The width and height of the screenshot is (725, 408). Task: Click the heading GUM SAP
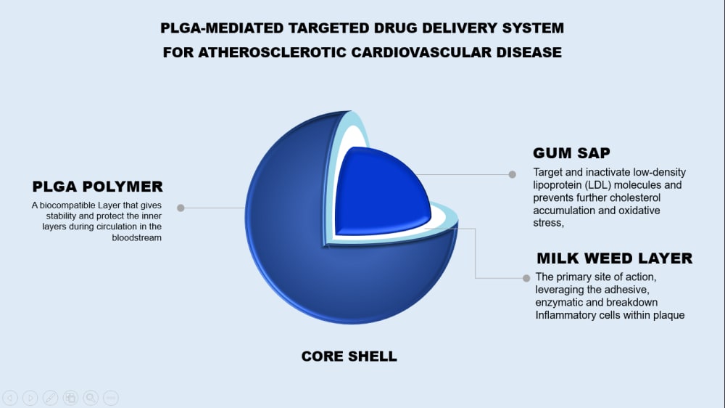(571, 153)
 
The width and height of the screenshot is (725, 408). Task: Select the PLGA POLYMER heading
(97, 187)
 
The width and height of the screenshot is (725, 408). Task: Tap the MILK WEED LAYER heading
(614, 258)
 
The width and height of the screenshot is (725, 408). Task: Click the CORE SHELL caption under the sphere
(349, 356)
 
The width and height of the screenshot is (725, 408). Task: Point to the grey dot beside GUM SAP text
(512, 174)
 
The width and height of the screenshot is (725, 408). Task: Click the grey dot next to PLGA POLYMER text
(181, 208)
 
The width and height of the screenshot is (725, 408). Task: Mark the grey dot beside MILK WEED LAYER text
(526, 277)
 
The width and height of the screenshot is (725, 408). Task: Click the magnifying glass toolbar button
(91, 397)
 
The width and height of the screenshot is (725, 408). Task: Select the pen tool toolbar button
(50, 397)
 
